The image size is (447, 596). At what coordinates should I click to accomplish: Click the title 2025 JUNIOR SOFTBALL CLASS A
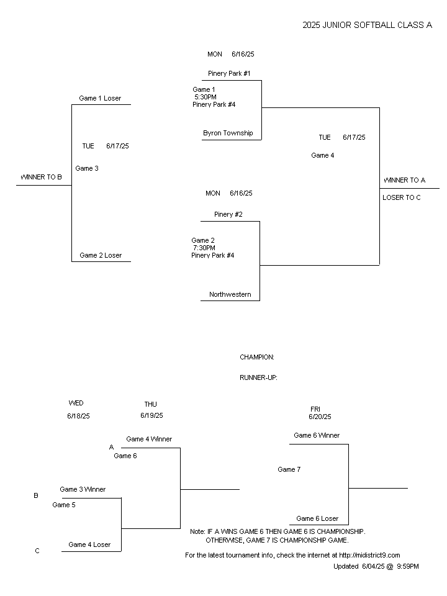coord(367,25)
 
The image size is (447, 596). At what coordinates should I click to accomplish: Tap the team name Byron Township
coord(228,133)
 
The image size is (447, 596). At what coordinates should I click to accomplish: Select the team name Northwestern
coord(230,294)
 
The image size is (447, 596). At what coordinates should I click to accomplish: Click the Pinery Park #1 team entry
coord(229,73)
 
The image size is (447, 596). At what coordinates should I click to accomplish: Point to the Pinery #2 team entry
coord(228,214)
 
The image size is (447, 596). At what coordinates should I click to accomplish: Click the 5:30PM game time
coord(205,97)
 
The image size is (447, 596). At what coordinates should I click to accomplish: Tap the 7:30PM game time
coord(204,248)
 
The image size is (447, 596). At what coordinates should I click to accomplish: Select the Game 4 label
coord(322,155)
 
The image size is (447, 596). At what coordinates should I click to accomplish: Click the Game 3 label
coord(87,168)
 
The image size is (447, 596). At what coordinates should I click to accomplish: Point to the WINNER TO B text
coord(41,177)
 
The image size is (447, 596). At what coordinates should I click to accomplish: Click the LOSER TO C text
coord(402,197)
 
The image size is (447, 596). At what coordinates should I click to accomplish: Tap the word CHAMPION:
coord(257,358)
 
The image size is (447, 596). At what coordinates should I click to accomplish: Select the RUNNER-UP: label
coord(258,378)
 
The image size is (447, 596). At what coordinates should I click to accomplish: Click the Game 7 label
coord(289,469)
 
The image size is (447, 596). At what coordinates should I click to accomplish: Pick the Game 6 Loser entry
coord(317,518)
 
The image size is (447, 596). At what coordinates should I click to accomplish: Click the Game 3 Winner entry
coord(83,489)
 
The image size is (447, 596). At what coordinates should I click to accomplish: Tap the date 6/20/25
coord(320,417)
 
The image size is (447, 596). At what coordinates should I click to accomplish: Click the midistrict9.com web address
coord(369,555)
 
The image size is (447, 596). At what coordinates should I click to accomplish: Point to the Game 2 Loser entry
coord(101,255)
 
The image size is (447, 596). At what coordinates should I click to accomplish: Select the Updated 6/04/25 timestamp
coord(376,566)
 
